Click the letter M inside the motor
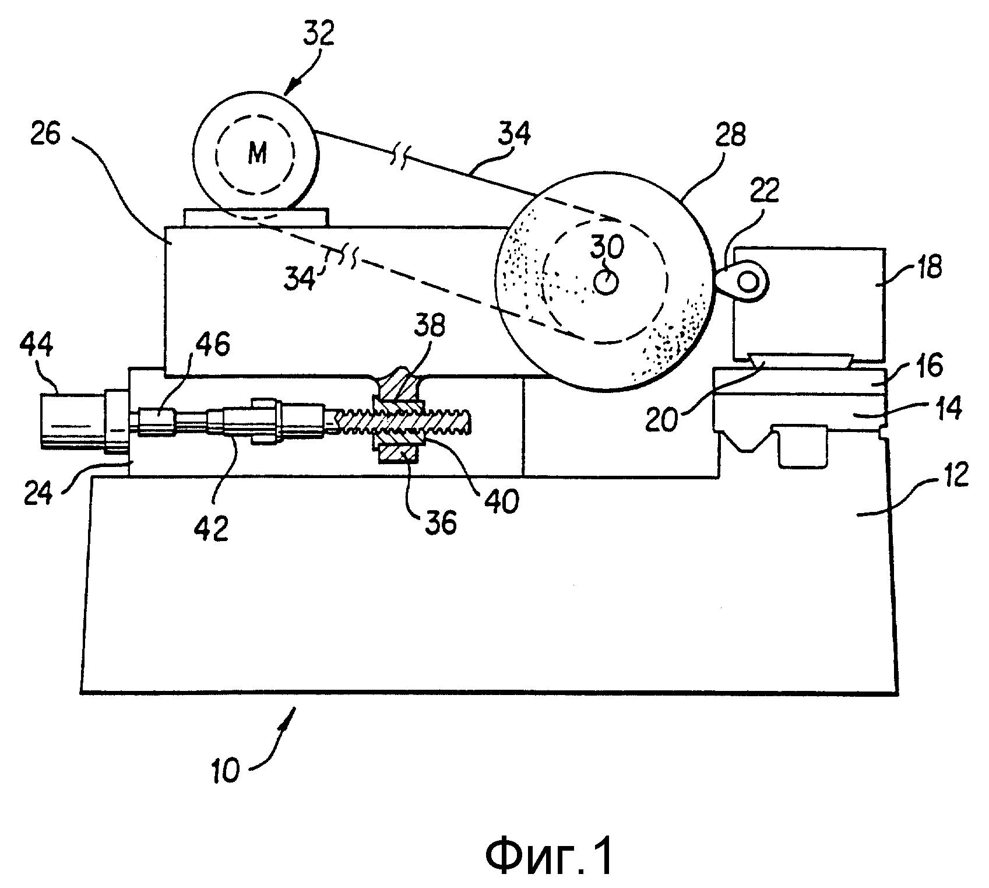[257, 154]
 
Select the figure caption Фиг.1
[549, 857]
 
